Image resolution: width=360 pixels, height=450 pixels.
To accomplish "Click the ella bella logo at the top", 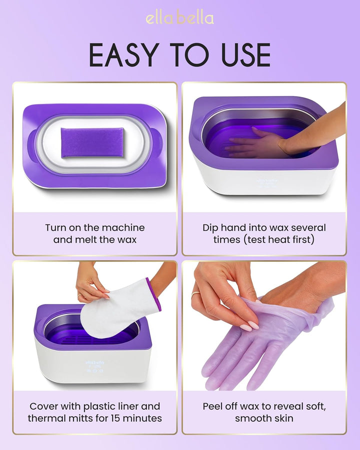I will point(179,18).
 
